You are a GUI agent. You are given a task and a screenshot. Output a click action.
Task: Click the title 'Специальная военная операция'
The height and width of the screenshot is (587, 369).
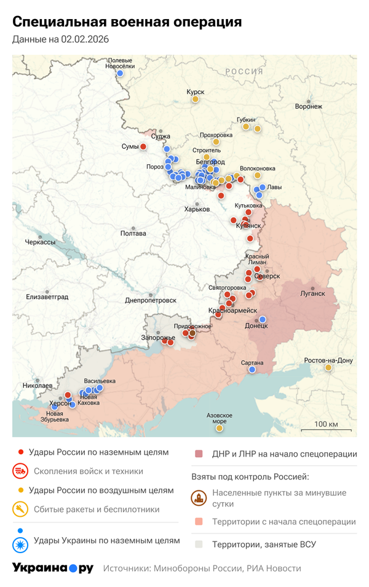pyautogui.click(x=127, y=22)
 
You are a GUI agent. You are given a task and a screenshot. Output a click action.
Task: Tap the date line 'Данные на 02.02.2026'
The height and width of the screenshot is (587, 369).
pyautogui.click(x=60, y=40)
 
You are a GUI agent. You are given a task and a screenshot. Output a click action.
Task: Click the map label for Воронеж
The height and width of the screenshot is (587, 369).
pyautogui.click(x=308, y=106)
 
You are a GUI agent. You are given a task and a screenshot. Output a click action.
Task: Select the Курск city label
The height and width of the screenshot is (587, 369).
pyautogui.click(x=195, y=92)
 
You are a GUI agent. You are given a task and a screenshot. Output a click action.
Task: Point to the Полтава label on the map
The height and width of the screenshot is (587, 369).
pyautogui.click(x=133, y=233)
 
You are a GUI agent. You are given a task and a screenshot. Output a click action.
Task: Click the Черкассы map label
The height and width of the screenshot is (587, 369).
pyautogui.click(x=40, y=242)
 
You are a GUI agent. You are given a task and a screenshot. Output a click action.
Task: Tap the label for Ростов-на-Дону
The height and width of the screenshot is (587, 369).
pyautogui.click(x=328, y=360)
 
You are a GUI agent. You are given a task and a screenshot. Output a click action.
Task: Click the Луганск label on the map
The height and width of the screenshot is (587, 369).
pyautogui.click(x=312, y=293)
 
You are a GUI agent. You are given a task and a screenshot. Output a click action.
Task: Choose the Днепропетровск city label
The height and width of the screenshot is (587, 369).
pyautogui.click(x=151, y=300)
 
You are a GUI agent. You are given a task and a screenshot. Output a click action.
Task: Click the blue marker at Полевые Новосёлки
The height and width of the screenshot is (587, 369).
pyautogui.click(x=121, y=73)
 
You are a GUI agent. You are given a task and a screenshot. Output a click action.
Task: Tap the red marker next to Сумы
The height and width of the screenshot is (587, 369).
pyautogui.click(x=143, y=146)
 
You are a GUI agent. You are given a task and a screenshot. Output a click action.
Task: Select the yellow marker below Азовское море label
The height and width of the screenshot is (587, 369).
pyautogui.click(x=219, y=428)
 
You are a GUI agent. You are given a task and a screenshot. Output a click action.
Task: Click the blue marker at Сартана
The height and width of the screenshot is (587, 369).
pyautogui.click(x=252, y=370)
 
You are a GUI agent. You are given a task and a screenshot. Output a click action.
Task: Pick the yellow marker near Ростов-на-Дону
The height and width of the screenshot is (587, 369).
pyautogui.click(x=328, y=368)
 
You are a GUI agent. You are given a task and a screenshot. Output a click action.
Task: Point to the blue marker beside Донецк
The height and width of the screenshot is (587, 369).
pyautogui.click(x=263, y=319)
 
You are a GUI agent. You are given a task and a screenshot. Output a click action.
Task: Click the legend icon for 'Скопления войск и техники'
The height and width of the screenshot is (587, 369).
pyautogui.click(x=21, y=471)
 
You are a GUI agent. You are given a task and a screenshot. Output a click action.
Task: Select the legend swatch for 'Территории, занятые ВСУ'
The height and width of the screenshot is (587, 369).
pyautogui.click(x=199, y=545)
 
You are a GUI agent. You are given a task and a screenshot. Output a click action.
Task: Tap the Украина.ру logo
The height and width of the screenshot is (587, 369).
pyautogui.click(x=53, y=568)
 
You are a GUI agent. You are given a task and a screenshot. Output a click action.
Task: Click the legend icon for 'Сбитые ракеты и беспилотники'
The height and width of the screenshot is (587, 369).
pyautogui.click(x=21, y=509)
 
